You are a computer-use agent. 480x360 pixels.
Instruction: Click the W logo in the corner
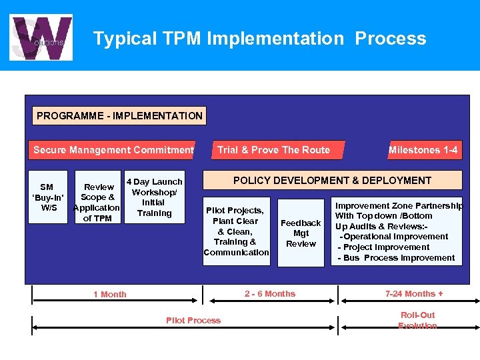coord(41,37)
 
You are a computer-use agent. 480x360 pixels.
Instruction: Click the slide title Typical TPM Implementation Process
coord(259,39)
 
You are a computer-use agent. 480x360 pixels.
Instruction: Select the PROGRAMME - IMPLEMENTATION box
coord(119,116)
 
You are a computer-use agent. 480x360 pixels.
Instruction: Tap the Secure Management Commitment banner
coord(113,150)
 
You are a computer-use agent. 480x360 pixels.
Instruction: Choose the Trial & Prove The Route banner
coord(273,150)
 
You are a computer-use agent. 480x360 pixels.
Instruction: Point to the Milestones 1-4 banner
coord(423,150)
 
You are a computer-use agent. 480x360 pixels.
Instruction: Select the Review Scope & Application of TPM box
coord(97,203)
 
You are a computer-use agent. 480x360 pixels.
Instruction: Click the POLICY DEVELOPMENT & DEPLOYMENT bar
coord(332,181)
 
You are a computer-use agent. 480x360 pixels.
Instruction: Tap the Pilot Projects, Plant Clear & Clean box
coord(236,231)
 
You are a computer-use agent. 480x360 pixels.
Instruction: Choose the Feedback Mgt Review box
coord(301,233)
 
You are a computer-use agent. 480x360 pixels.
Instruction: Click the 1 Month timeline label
coord(110,295)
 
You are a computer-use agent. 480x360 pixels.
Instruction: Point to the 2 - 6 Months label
coord(270,294)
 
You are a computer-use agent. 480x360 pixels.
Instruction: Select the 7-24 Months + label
coord(414,294)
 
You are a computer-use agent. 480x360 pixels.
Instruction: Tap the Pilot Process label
coord(193,321)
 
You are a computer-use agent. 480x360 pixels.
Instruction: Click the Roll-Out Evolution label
coord(417,320)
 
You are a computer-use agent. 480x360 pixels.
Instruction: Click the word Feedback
coord(301,223)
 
